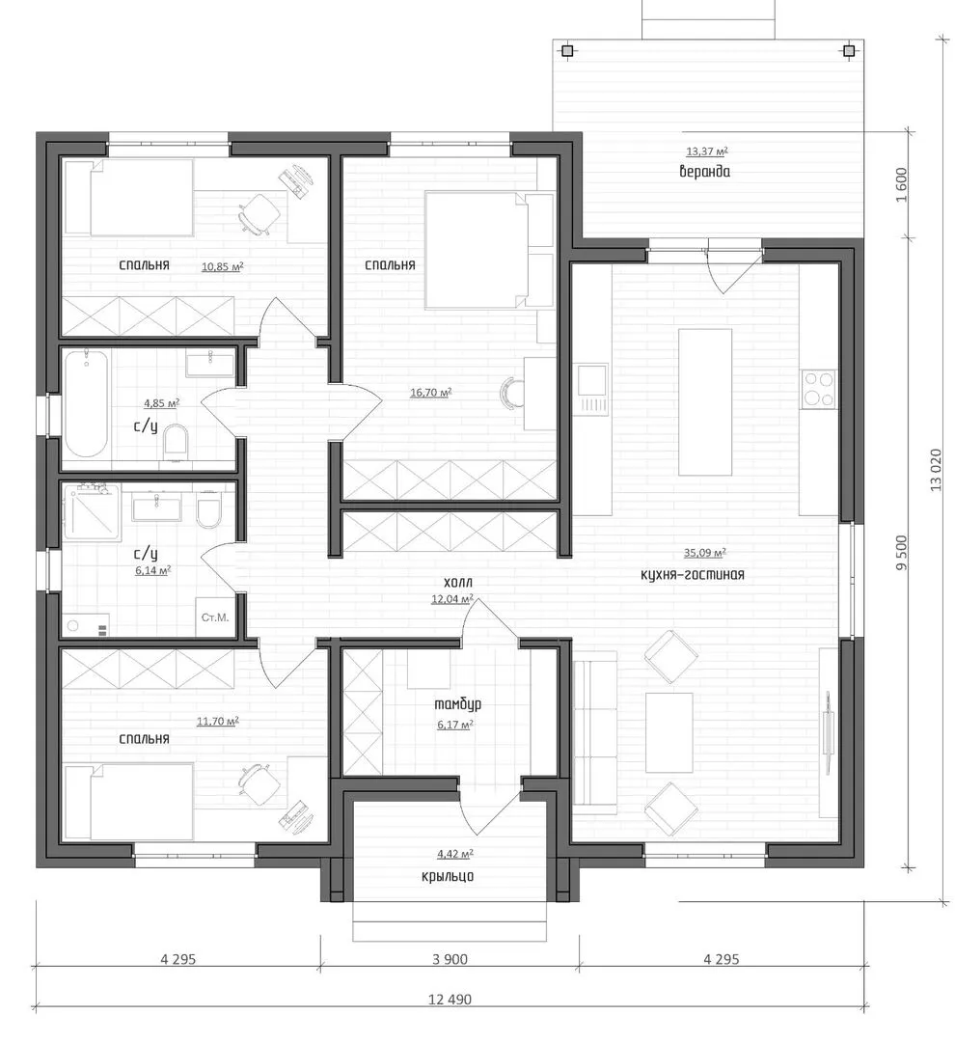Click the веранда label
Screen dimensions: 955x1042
coord(704,172)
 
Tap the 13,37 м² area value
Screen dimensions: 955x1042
coord(707,151)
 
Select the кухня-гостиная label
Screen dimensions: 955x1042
coord(692,574)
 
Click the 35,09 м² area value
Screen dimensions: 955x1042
coord(704,552)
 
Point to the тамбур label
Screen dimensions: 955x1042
coord(457,703)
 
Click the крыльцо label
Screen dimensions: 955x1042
coord(448,876)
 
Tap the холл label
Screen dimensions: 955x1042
coord(458,582)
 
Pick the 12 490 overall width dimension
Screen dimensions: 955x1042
coord(450,1000)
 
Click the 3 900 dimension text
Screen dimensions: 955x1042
coord(450,959)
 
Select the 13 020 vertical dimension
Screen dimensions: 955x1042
coord(936,470)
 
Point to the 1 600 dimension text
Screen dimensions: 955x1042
coord(901,185)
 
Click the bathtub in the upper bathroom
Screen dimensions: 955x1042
coord(86,403)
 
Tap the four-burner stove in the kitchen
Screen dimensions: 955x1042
coord(819,389)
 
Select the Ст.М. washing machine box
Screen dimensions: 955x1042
coord(215,617)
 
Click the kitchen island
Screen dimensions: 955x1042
coord(704,402)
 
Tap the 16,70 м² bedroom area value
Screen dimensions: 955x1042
coord(430,393)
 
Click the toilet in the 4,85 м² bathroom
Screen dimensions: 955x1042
coord(176,441)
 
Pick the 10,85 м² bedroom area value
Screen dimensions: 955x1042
coord(222,267)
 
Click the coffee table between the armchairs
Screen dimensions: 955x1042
coord(669,732)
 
